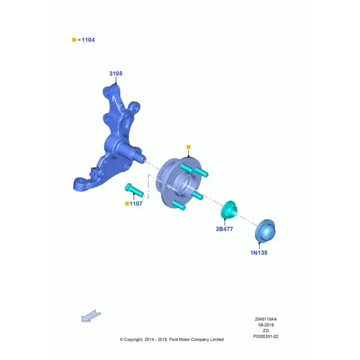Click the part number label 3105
[x=116, y=73]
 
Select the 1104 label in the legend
[x=88, y=40]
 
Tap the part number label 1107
[x=136, y=203]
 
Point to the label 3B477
[x=224, y=229]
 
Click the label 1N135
[x=259, y=253]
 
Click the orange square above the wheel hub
[x=188, y=147]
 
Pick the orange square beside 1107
[x=127, y=203]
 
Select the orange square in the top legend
[x=74, y=40]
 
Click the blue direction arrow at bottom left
[x=91, y=316]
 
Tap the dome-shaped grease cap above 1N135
[x=265, y=230]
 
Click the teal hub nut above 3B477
[x=229, y=209]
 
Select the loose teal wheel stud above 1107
[x=134, y=190]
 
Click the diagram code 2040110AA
[x=266, y=319]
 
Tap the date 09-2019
[x=266, y=325]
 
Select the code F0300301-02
[x=266, y=337]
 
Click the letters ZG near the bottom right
[x=266, y=331]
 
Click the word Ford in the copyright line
[x=173, y=340]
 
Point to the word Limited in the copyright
[x=217, y=340]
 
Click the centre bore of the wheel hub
[x=185, y=185]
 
